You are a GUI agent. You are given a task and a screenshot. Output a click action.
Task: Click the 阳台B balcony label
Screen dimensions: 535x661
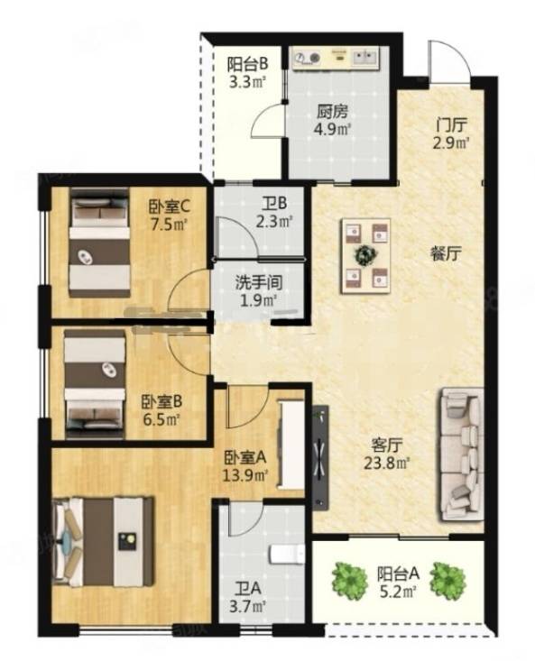coord(248,65)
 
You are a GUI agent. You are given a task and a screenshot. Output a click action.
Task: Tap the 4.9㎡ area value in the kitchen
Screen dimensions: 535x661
coord(332,130)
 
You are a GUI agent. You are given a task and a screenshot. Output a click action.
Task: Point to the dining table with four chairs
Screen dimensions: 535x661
coord(365,256)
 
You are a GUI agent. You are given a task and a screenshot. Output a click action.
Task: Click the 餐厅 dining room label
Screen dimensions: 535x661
coord(447,253)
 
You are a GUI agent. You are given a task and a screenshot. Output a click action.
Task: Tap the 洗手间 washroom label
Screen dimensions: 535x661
coord(258,282)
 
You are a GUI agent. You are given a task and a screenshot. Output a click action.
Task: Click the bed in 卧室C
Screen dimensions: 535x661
coord(100,243)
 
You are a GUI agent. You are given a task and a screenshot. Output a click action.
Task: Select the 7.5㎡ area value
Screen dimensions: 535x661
coord(169,224)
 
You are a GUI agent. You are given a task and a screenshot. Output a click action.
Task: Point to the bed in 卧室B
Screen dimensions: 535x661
coord(96,383)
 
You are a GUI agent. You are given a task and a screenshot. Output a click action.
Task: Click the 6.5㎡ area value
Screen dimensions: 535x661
coord(161,419)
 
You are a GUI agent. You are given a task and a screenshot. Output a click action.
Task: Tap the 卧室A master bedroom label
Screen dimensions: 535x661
coord(244,457)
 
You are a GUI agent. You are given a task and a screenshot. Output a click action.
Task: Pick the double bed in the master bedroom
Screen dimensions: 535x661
coord(103,542)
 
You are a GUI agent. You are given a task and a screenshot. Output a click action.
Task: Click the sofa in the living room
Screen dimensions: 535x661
coord(461,454)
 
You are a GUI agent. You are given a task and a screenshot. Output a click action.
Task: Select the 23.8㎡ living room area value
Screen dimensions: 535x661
coord(387,464)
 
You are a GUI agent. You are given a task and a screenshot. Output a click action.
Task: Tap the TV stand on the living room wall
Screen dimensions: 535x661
coord(320,457)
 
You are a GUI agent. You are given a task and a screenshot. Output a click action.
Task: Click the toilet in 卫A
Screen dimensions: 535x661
coord(287,555)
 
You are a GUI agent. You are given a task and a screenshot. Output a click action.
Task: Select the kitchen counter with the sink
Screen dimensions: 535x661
coord(336,57)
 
